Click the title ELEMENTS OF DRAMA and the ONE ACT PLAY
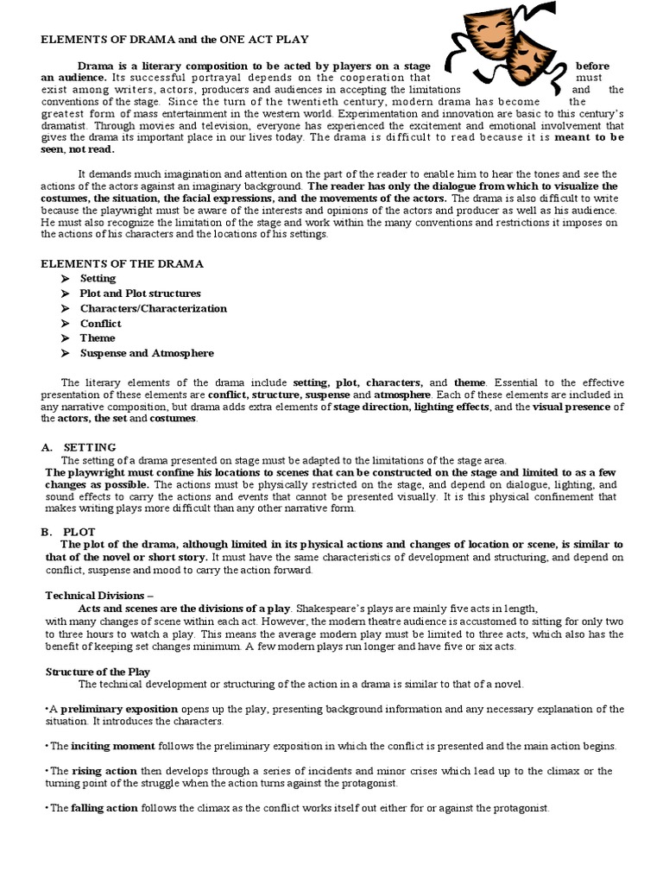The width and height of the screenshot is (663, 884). pos(176,40)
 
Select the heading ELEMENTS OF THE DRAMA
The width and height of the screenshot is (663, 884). pos(123,263)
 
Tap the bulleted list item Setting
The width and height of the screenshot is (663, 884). pos(98,279)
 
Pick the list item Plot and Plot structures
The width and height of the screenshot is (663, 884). pos(140,294)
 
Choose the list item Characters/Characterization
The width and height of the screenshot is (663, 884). pos(153,308)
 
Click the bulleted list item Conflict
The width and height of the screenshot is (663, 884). pos(101,324)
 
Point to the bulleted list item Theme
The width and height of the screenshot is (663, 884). pos(98,338)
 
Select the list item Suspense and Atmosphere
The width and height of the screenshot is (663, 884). pos(147,353)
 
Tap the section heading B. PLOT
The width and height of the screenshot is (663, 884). pos(70,532)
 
